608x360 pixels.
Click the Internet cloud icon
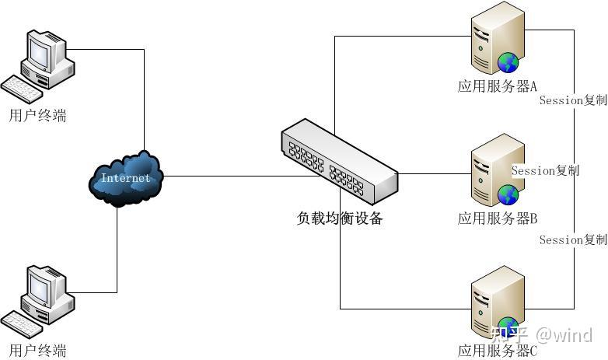(x=125, y=179)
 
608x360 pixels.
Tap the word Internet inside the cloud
(x=125, y=178)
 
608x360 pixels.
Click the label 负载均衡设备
(x=340, y=219)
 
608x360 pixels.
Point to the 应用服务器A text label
(x=498, y=86)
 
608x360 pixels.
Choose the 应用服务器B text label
(x=498, y=218)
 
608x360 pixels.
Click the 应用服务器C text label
(x=498, y=351)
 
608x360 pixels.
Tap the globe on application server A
(x=508, y=61)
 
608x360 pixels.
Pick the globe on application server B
(x=508, y=194)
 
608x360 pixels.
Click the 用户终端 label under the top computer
(x=37, y=116)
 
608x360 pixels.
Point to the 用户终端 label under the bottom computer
(x=37, y=350)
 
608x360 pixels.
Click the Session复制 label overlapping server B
(x=545, y=170)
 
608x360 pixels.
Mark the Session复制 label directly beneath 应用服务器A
(x=572, y=100)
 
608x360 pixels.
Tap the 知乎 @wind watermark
(x=541, y=335)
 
